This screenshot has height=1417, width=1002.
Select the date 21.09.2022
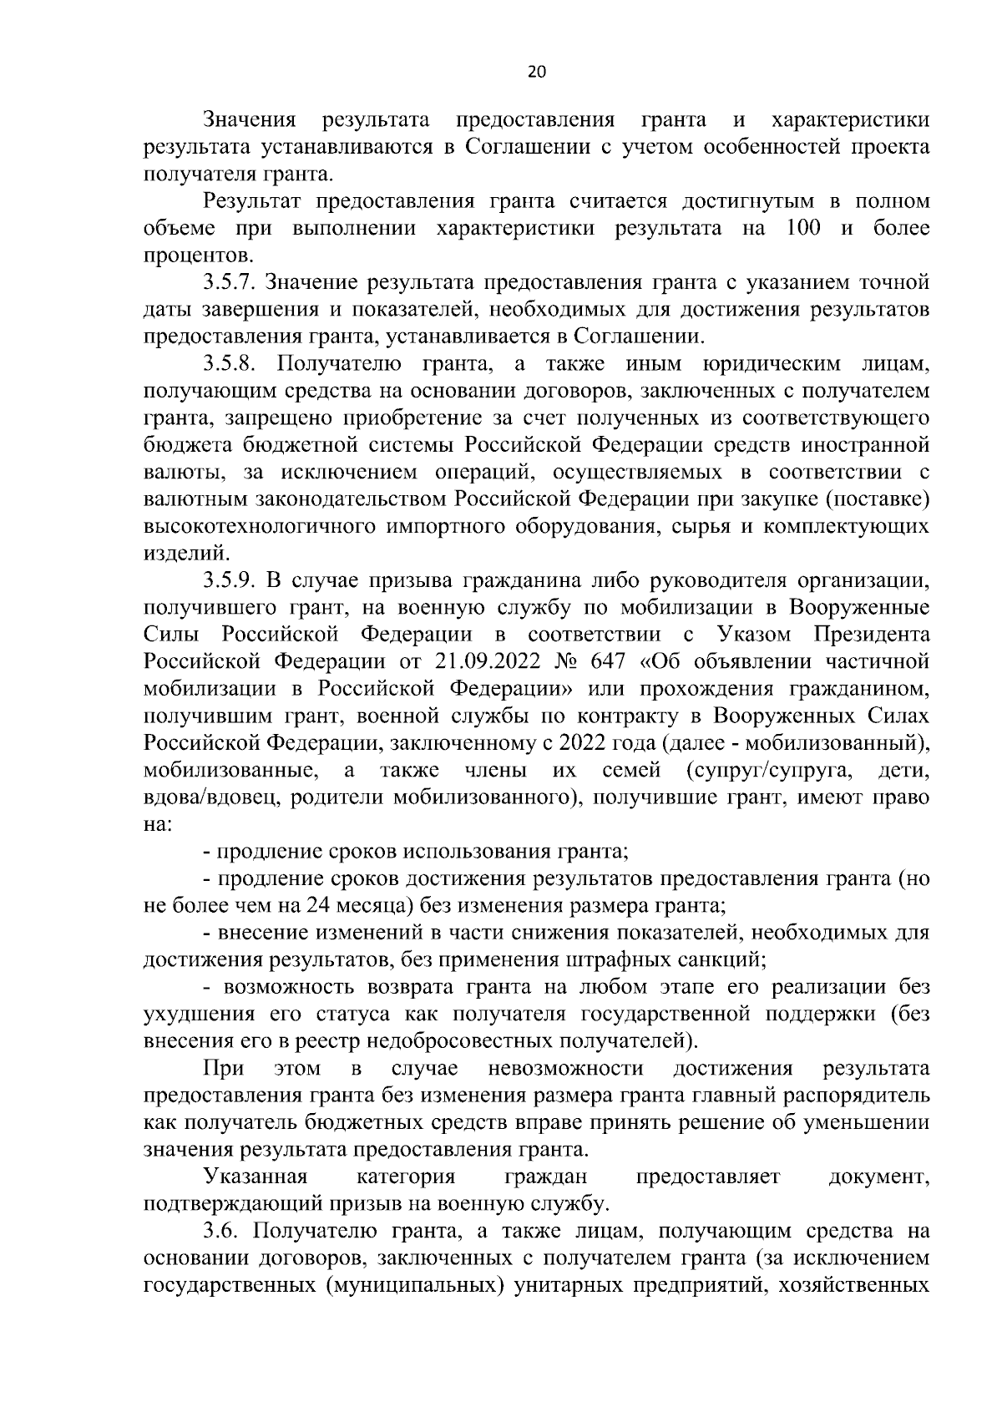pos(483,661)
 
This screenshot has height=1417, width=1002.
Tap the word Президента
pos(872,635)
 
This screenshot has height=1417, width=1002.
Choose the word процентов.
pos(196,256)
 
